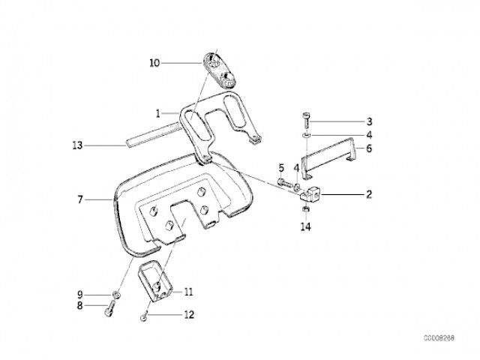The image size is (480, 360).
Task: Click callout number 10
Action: pyautogui.click(x=154, y=64)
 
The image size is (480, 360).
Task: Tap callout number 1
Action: pyautogui.click(x=158, y=114)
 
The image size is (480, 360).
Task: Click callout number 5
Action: pyautogui.click(x=281, y=167)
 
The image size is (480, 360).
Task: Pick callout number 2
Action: pyautogui.click(x=369, y=194)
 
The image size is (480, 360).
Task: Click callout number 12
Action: pyautogui.click(x=188, y=315)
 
